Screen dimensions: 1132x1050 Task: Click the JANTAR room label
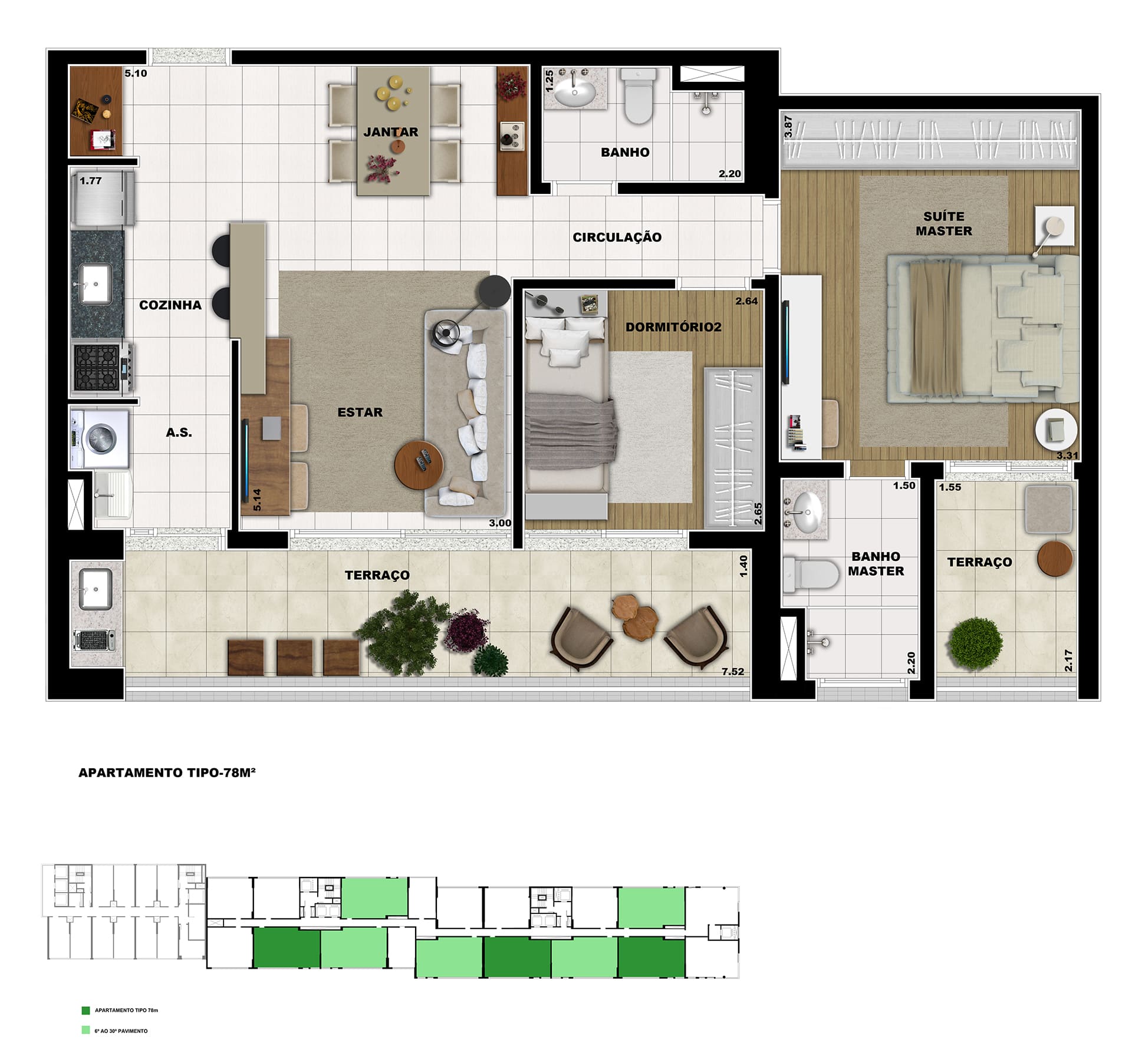tap(390, 132)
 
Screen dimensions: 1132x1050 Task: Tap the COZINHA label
tap(170, 305)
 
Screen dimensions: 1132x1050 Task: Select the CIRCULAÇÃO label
tap(617, 237)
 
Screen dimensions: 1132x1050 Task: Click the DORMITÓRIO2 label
tap(673, 327)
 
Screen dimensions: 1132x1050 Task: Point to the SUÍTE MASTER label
tap(944, 224)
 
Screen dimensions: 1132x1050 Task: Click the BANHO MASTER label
tap(876, 564)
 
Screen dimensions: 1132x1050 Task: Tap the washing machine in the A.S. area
tap(100, 439)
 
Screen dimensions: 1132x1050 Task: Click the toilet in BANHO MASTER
tap(811, 574)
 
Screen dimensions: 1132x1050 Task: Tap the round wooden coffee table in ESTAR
tap(420, 465)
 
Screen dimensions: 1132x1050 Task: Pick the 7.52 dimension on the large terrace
tap(733, 672)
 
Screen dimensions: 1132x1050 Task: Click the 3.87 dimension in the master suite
tap(788, 127)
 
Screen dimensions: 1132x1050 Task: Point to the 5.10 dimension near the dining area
tap(136, 74)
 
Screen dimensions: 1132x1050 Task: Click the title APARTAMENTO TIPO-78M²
tap(167, 772)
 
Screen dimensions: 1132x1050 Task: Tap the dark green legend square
tap(85, 1011)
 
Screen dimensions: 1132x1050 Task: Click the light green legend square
tap(85, 1031)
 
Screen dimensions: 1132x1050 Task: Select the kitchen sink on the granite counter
tap(95, 284)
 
